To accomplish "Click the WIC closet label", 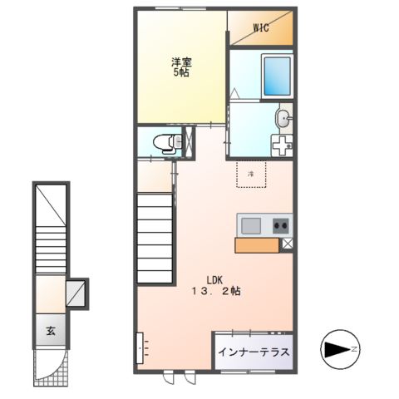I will click(x=259, y=27).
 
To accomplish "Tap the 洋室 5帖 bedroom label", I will click(x=180, y=66).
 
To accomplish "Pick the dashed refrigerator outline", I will click(x=251, y=175).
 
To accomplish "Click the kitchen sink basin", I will click(x=251, y=224).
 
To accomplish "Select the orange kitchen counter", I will click(x=259, y=244).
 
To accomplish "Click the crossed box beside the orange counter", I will click(x=288, y=244).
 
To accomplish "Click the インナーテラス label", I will click(x=254, y=352).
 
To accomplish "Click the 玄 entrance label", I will click(x=51, y=331).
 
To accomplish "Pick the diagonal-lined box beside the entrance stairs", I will click(x=77, y=292).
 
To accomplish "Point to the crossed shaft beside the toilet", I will click(x=190, y=142).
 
